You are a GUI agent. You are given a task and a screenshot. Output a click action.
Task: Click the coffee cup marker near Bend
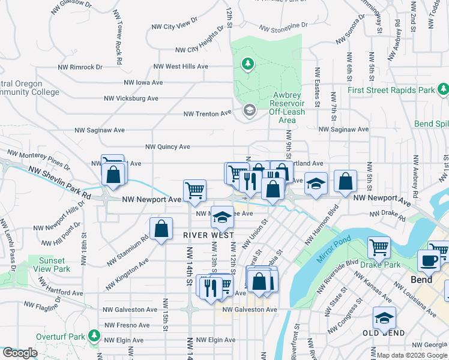[x=429, y=260]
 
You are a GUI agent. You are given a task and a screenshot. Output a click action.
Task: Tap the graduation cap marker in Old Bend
[x=384, y=317]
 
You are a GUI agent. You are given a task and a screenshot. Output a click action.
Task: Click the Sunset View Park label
[x=55, y=265]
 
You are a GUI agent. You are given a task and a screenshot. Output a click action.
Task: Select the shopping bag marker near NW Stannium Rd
[x=161, y=229]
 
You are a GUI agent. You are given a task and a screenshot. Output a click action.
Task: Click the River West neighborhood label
[x=208, y=236]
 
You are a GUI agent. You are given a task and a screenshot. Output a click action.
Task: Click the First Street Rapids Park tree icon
[x=443, y=89]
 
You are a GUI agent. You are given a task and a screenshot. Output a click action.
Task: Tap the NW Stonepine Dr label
[x=283, y=26]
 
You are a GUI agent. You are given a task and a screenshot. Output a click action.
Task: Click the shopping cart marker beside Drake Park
[x=379, y=247]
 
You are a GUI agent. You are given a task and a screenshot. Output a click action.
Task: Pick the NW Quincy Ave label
[x=167, y=146]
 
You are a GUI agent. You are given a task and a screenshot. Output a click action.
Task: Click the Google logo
[x=19, y=353]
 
